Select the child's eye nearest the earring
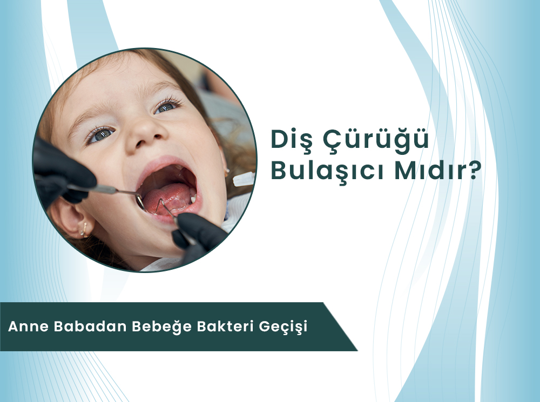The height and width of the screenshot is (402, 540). pos(100,135)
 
